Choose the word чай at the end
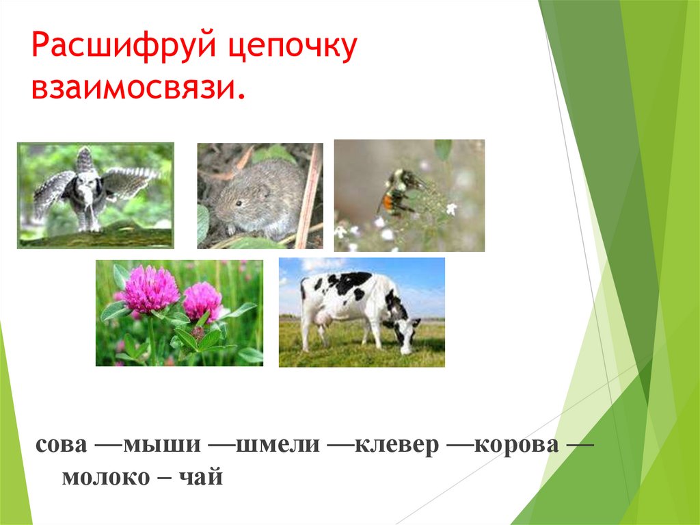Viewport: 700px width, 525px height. pyautogui.click(x=204, y=477)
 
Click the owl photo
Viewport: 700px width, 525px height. pyautogui.click(x=95, y=195)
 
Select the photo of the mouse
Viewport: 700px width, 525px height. pyautogui.click(x=260, y=196)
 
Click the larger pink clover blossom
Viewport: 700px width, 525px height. pyautogui.click(x=150, y=290)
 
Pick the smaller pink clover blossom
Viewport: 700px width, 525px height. pyautogui.click(x=202, y=300)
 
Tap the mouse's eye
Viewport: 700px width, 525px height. pyautogui.click(x=237, y=202)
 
